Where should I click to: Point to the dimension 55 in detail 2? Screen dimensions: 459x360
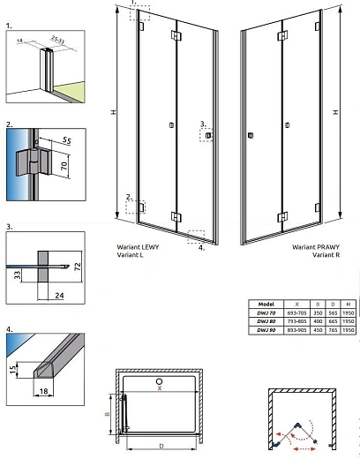[x=66, y=140]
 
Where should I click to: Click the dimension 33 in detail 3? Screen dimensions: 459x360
[x=19, y=276]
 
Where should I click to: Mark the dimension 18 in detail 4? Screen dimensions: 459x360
[x=42, y=387]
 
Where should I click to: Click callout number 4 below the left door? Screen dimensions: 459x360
[x=201, y=248]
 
